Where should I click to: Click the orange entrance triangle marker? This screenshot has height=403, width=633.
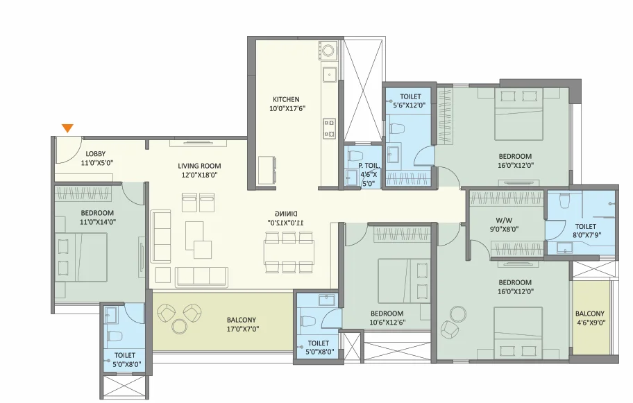pyautogui.click(x=67, y=128)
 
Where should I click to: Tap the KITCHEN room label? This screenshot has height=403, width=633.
pyautogui.click(x=286, y=99)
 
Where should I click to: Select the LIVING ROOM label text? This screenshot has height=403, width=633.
pyautogui.click(x=199, y=166)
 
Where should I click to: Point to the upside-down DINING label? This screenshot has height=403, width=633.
pyautogui.click(x=286, y=214)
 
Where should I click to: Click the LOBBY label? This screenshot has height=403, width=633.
pyautogui.click(x=96, y=154)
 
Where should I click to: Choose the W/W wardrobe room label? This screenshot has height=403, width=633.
pyautogui.click(x=504, y=221)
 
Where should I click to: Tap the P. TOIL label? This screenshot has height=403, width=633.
pyautogui.click(x=368, y=165)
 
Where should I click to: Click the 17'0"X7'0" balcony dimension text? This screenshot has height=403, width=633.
pyautogui.click(x=243, y=329)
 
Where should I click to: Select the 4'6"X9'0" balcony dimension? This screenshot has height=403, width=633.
pyautogui.click(x=590, y=323)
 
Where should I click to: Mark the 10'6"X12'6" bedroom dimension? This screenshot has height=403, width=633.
pyautogui.click(x=387, y=323)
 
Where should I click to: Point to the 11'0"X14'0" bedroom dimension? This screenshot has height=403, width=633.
pyautogui.click(x=98, y=222)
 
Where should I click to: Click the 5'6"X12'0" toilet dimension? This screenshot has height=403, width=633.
pyautogui.click(x=410, y=105)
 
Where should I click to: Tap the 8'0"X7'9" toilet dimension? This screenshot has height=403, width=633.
pyautogui.click(x=586, y=234)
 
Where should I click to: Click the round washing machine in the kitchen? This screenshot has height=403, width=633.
pyautogui.click(x=328, y=51)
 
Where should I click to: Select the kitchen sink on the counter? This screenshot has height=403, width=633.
pyautogui.click(x=330, y=75)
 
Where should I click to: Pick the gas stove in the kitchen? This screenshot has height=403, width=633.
pyautogui.click(x=330, y=128)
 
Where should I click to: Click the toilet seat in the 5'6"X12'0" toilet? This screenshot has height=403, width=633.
pyautogui.click(x=396, y=129)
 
